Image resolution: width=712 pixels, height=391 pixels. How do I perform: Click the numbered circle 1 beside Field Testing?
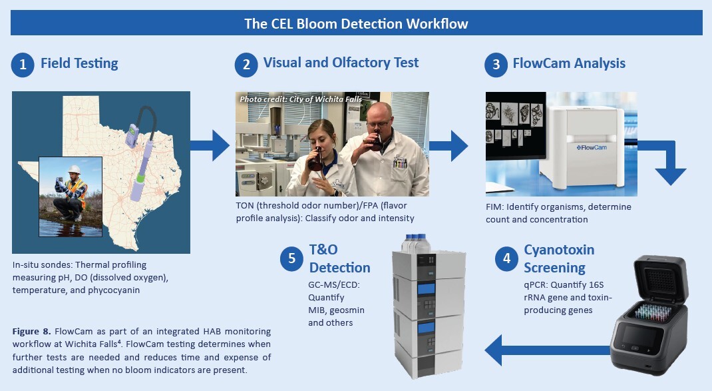click(23, 65)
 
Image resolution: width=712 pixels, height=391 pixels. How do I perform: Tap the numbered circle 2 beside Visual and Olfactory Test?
click(246, 65)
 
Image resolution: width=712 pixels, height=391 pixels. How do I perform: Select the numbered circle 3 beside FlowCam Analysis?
click(496, 65)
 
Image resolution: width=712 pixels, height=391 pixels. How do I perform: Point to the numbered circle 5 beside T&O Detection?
click(292, 259)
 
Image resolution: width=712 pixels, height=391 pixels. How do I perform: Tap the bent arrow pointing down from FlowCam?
click(667, 164)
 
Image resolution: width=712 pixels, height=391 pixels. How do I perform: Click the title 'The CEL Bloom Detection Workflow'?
click(356, 24)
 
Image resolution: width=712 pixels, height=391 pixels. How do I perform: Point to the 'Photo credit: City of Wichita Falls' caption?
click(297, 99)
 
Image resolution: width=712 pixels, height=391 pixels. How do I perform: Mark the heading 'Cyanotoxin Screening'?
click(559, 259)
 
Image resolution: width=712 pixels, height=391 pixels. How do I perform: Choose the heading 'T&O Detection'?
click(339, 259)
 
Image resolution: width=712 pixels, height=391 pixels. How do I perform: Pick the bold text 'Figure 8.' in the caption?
click(33, 331)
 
